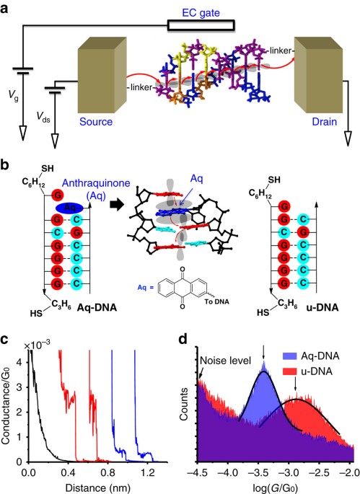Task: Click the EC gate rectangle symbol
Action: point(201,25)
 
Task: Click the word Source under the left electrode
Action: point(96,122)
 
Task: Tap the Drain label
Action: point(325,122)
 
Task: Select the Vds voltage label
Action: point(43,118)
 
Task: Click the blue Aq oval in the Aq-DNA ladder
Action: point(70,208)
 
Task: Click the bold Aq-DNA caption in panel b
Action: point(97,307)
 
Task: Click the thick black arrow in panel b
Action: point(116,205)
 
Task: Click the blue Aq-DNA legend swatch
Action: point(289,356)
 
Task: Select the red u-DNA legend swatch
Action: point(289,371)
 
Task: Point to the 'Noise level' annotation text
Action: point(225,360)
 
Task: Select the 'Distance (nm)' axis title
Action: point(97,488)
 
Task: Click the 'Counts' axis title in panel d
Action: point(184,404)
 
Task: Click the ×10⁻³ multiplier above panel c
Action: point(37,344)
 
